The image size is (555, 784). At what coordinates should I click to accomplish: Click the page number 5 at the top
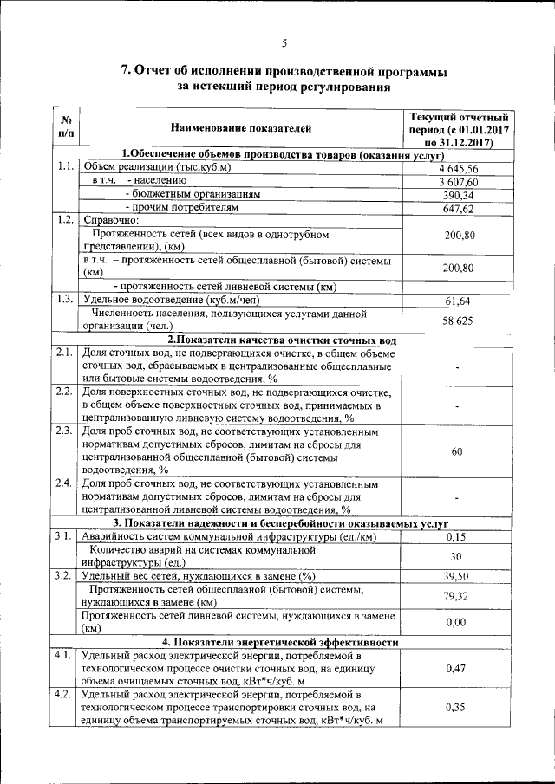[283, 44]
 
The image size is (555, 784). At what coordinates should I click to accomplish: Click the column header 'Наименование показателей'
[240, 128]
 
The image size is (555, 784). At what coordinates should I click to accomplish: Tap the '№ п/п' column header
[67, 128]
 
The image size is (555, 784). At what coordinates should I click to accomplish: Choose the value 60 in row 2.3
[458, 452]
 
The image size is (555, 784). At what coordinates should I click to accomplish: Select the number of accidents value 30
[458, 556]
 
